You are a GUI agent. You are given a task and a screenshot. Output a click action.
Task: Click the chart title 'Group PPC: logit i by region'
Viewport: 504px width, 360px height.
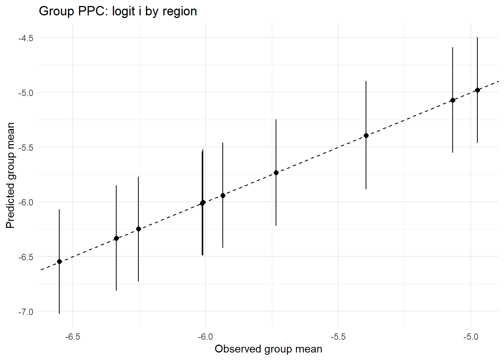pos(118,11)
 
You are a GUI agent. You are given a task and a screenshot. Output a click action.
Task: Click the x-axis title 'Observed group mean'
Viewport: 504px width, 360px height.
pos(268,349)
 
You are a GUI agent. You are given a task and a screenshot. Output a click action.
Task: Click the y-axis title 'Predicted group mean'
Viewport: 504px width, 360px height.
pos(10,175)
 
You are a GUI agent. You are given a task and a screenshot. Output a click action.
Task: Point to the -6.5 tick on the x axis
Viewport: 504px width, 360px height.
pos(72,337)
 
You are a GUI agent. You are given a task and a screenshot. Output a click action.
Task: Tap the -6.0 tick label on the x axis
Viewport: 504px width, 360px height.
pos(205,337)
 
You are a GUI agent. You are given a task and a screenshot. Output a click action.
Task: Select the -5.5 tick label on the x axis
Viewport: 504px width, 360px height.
pos(338,337)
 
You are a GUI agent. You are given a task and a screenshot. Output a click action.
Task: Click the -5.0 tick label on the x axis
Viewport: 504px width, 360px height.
pos(471,337)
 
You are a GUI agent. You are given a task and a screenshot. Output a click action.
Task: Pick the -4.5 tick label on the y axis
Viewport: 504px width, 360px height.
pos(26,38)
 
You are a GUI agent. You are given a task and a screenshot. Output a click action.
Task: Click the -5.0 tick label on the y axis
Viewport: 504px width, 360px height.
pos(26,93)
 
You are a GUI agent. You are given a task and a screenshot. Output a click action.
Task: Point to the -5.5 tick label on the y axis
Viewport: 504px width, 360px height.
pos(26,147)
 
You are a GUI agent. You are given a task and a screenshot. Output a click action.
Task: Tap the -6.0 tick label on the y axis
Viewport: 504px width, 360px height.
pos(26,202)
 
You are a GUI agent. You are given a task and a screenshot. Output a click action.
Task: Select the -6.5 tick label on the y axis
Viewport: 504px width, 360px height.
pos(26,257)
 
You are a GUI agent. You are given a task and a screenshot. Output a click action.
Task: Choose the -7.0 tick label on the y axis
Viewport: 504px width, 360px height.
pos(26,312)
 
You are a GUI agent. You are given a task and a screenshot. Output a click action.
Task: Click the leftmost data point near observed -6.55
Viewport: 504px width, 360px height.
pos(59,261)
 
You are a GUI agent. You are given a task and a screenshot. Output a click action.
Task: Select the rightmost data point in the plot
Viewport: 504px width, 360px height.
pos(477,90)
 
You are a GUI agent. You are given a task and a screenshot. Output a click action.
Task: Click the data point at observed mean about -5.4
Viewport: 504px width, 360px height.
pos(366,135)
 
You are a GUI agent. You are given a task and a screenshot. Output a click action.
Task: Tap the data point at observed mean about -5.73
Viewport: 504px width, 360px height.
pos(276,172)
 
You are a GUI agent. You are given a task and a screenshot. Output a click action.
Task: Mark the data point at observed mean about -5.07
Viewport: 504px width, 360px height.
pos(453,100)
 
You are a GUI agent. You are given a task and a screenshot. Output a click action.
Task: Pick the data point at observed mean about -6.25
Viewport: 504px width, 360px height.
pos(138,229)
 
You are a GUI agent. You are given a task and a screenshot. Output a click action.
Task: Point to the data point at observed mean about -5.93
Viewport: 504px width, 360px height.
pos(223,195)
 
